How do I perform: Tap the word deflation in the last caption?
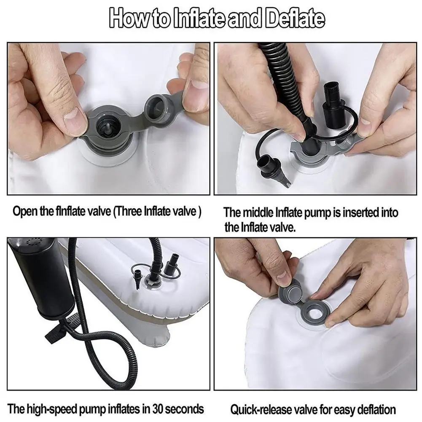click(374, 409)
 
